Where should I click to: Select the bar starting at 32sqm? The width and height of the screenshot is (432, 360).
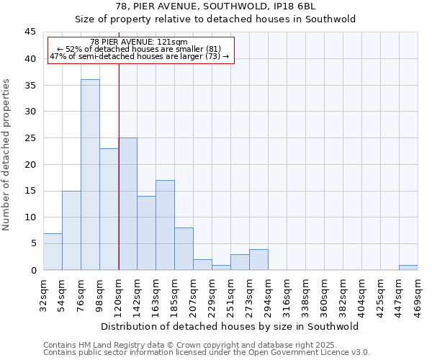point(53,251)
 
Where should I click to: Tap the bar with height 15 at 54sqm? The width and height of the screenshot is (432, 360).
point(71,230)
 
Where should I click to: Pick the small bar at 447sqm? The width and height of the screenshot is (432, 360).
point(408,267)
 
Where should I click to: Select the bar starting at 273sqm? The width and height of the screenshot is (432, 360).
point(258,259)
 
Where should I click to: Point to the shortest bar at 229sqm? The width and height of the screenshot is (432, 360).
point(221,267)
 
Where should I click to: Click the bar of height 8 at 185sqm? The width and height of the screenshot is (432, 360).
point(184,248)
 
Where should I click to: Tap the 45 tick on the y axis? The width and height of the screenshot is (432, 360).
point(30,32)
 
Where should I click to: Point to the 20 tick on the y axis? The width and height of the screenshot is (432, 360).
point(30,164)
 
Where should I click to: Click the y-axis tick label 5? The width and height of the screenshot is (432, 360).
point(33,243)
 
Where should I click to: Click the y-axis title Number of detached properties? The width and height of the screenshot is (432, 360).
point(7,155)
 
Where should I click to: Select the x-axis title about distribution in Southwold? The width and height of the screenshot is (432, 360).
point(230,326)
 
